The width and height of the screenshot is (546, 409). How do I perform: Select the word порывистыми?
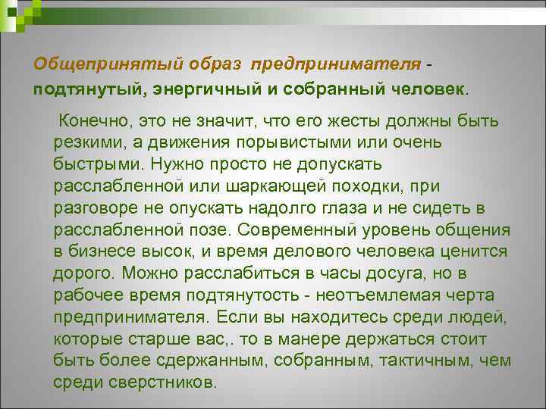[x=311, y=142]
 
